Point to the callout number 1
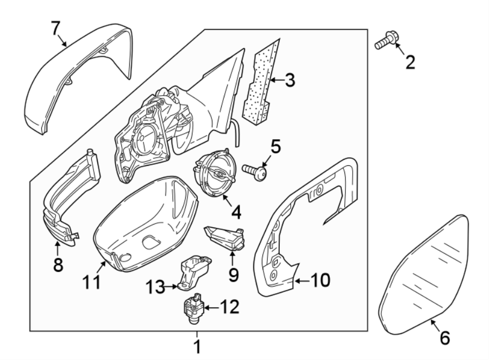pos(198,346)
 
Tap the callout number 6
pos(444,338)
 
